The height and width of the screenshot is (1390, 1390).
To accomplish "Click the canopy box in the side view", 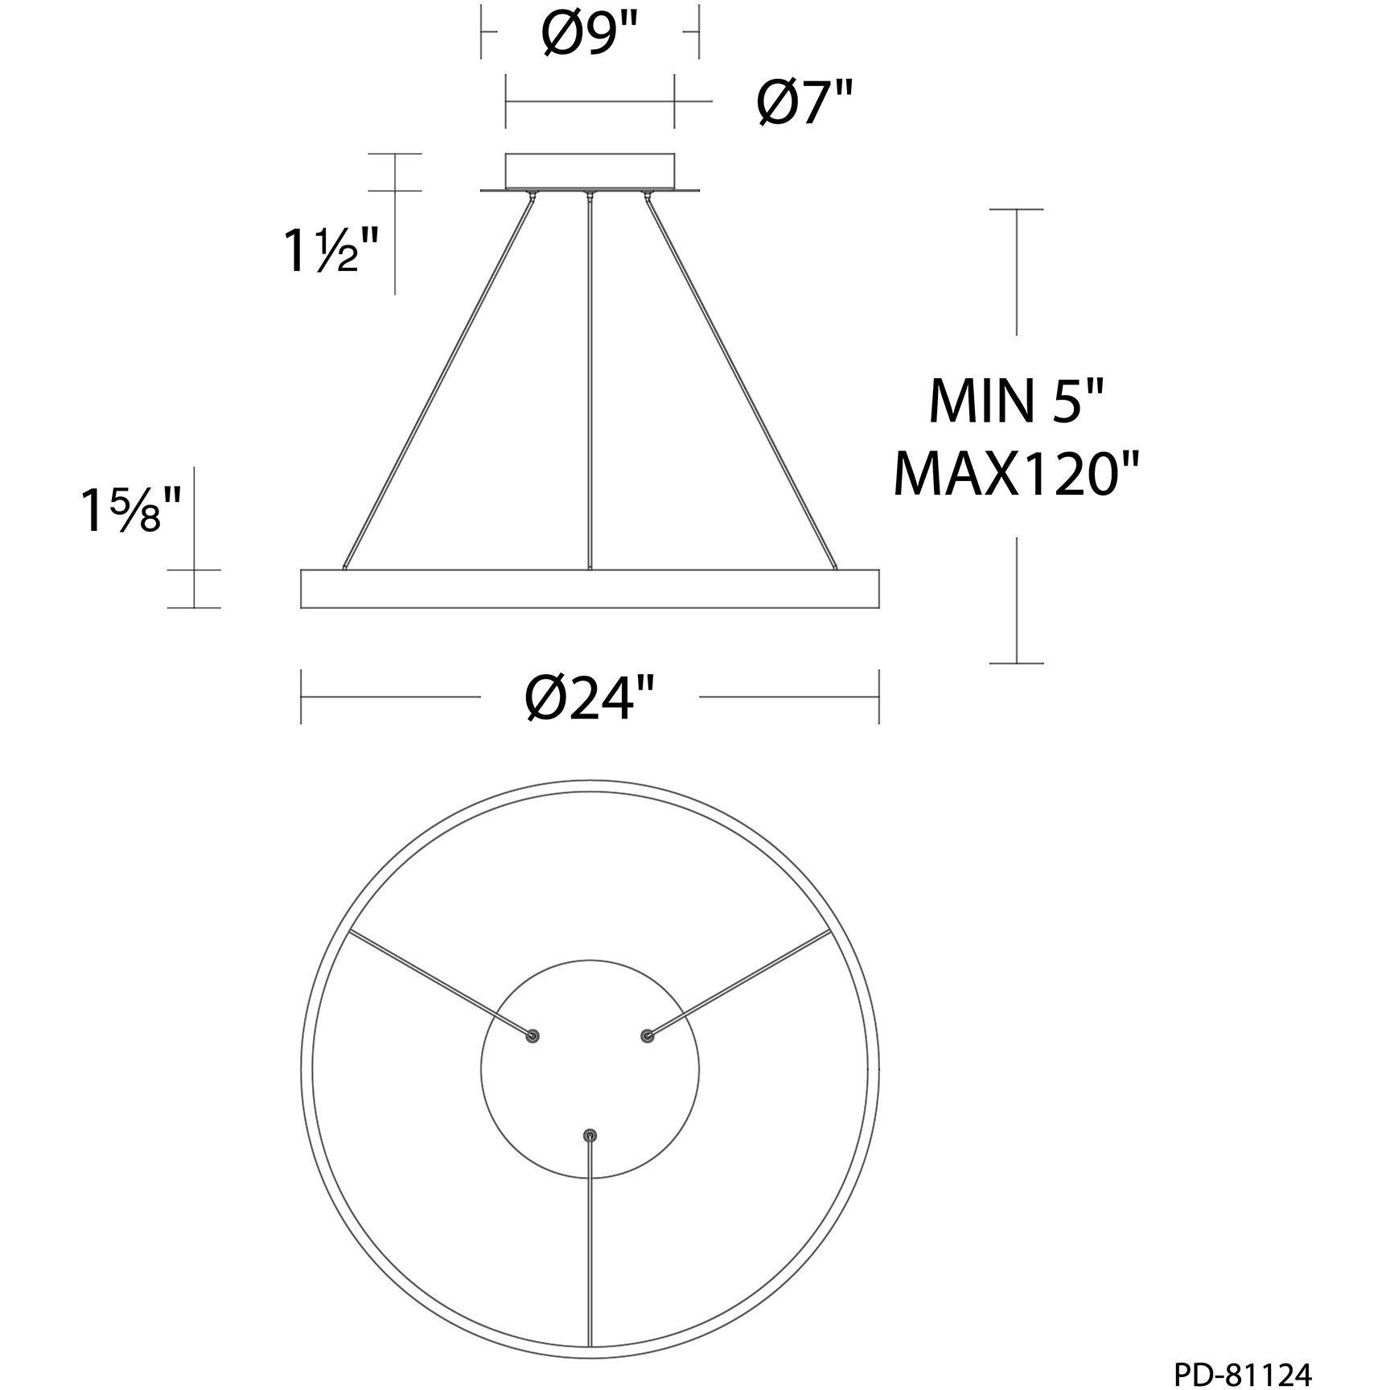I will coord(590,171).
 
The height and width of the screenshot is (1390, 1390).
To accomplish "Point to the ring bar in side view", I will coord(590,590).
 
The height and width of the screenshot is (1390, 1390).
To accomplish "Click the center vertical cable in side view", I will coord(590,386).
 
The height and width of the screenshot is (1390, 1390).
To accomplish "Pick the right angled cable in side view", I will coord(738,378).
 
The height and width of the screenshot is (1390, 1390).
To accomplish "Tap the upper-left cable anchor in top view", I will coord(532,1036).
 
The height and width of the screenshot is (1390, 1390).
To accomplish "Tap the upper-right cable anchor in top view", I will coord(647,1036).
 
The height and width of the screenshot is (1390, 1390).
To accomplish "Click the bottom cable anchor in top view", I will coord(590,1136).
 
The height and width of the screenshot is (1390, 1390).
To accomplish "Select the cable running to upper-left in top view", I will coord(438,983).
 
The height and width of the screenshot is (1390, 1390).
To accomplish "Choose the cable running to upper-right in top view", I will coord(740,983).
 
